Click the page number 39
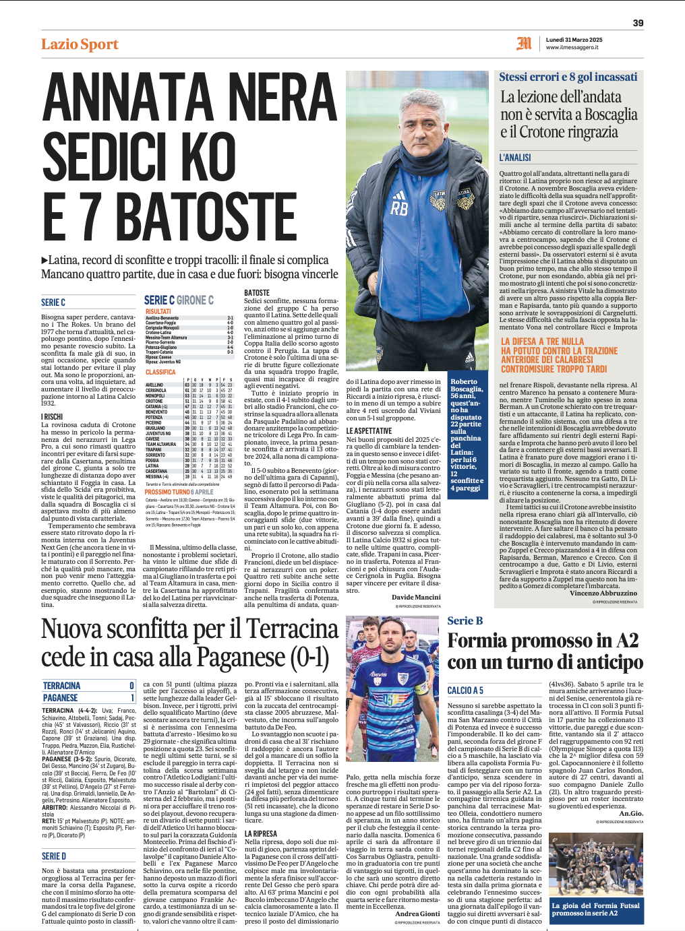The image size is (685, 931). (x=638, y=23)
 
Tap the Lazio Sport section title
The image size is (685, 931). (x=80, y=44)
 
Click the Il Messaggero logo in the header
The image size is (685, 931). (x=524, y=44)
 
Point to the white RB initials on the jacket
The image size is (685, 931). (x=399, y=208)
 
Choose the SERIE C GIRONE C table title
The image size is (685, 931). (x=179, y=300)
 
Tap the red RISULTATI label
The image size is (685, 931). (x=158, y=311)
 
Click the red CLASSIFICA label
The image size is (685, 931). (x=160, y=372)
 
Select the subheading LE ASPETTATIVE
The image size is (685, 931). (x=369, y=430)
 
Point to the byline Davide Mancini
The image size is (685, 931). (x=416, y=597)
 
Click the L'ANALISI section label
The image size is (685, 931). (x=515, y=158)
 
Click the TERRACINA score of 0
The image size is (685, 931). (x=132, y=686)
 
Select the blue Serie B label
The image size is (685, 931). (x=465, y=621)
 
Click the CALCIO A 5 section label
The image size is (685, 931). (x=465, y=691)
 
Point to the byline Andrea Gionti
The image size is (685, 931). (x=417, y=914)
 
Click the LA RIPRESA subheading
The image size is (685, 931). (x=261, y=833)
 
